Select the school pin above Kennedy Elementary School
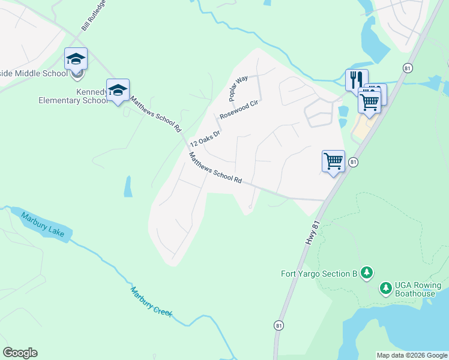pos(118,90)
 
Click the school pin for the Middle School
pos(76,59)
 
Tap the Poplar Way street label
pos(238,88)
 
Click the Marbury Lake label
pos(46,224)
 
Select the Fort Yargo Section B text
pos(319,274)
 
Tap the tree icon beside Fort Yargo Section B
pos(367,274)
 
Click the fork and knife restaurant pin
pos(356,80)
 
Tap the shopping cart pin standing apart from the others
pos(333,161)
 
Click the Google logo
pos(20,353)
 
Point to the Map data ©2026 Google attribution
pos(412,355)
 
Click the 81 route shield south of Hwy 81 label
pos(279,325)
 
